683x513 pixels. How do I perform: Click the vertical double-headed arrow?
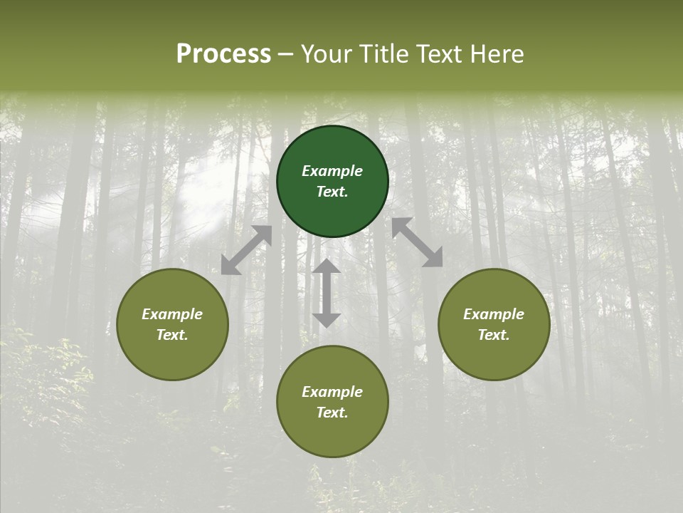(x=327, y=293)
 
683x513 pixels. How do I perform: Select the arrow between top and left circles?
(x=246, y=250)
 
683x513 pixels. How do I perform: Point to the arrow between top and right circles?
(x=417, y=243)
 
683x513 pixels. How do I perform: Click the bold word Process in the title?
(x=223, y=53)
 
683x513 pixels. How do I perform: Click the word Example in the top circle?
(x=332, y=171)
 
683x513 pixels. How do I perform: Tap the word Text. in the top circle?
(x=332, y=192)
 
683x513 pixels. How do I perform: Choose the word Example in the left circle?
(x=172, y=314)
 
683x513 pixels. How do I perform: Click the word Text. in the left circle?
(x=172, y=335)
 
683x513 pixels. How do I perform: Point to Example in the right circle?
(x=494, y=314)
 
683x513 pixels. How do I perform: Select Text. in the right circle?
(x=494, y=335)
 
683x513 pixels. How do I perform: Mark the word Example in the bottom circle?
(x=332, y=392)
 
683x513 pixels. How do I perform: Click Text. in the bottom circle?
(x=332, y=413)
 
